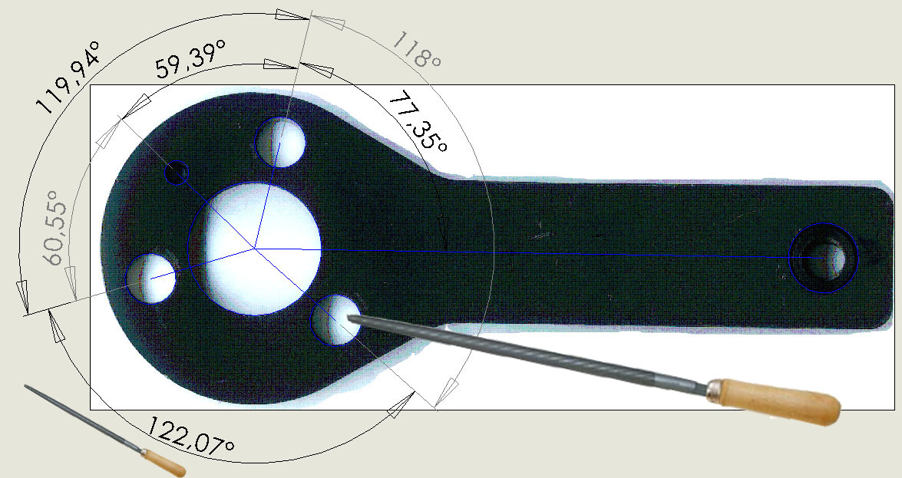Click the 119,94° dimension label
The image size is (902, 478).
click(x=69, y=77)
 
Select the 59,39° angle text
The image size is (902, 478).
click(x=190, y=58)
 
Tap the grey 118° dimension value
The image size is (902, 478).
click(x=417, y=50)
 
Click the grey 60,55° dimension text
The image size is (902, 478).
click(x=56, y=234)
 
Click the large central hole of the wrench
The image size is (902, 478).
click(x=254, y=249)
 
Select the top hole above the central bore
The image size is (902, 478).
click(x=280, y=142)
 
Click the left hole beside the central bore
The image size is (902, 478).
click(x=150, y=279)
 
